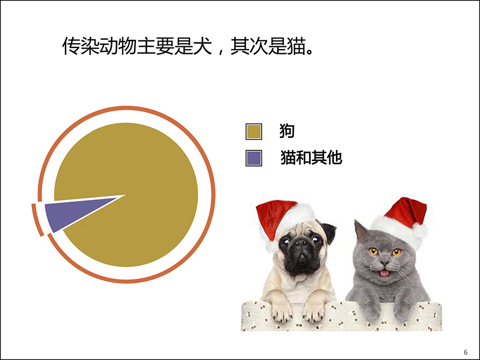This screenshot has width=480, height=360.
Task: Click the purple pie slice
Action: point(71,212)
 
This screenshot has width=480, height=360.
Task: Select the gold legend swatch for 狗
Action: point(254,131)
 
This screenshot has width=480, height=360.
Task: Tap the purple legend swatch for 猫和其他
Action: point(254,158)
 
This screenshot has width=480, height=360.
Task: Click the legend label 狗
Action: point(287,131)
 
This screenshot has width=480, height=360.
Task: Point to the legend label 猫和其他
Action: point(311,157)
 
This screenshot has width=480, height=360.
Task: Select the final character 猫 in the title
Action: point(296,46)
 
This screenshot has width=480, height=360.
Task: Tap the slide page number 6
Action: point(465,352)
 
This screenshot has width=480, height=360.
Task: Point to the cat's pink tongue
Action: point(384,273)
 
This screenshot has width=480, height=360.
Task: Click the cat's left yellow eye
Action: point(373,252)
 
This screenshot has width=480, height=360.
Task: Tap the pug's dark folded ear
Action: point(329,232)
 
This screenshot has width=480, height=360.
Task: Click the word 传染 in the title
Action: point(81,46)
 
